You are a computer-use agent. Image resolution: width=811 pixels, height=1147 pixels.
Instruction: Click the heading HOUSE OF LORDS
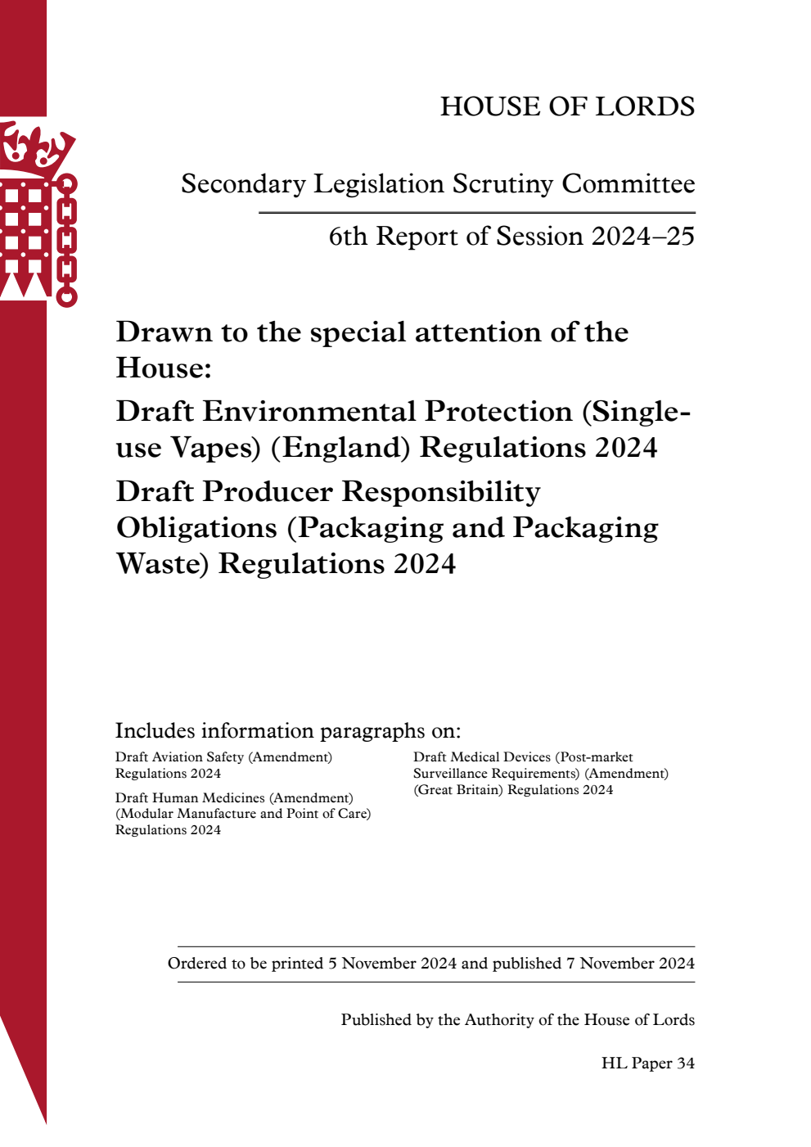[x=567, y=106]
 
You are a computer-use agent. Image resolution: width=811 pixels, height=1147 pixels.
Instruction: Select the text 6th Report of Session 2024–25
[x=511, y=237]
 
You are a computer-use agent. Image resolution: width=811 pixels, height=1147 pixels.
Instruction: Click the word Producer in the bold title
[x=268, y=492]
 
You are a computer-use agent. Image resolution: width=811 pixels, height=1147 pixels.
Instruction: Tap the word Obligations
[x=196, y=528]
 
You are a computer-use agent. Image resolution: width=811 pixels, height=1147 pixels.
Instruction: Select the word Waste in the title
[x=163, y=564]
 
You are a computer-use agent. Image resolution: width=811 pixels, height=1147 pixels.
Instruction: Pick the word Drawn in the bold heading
[x=164, y=332]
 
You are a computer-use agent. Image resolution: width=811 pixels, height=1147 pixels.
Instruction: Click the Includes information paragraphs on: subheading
[x=288, y=730]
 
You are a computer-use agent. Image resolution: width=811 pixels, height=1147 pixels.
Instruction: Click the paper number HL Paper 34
[x=647, y=1063]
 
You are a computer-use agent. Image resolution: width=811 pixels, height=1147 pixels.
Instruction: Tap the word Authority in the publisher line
[x=502, y=1020]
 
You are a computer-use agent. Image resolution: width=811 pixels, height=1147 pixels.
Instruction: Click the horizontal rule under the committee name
[x=477, y=213]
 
